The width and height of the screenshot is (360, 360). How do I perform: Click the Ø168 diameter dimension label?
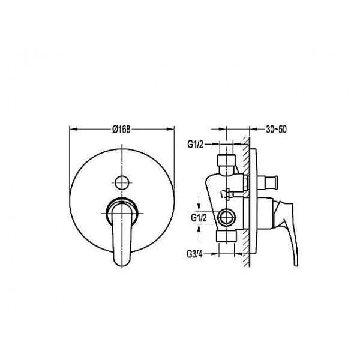click(121, 129)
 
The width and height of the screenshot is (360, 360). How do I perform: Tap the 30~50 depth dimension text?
click(276, 129)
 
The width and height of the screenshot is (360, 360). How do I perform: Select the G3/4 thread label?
click(194, 254)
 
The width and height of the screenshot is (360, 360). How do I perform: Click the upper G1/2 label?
click(196, 145)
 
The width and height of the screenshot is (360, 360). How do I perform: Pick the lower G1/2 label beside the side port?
click(199, 218)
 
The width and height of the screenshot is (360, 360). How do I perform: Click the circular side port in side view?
click(227, 217)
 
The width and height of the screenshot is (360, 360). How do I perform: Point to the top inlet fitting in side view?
click(226, 163)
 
